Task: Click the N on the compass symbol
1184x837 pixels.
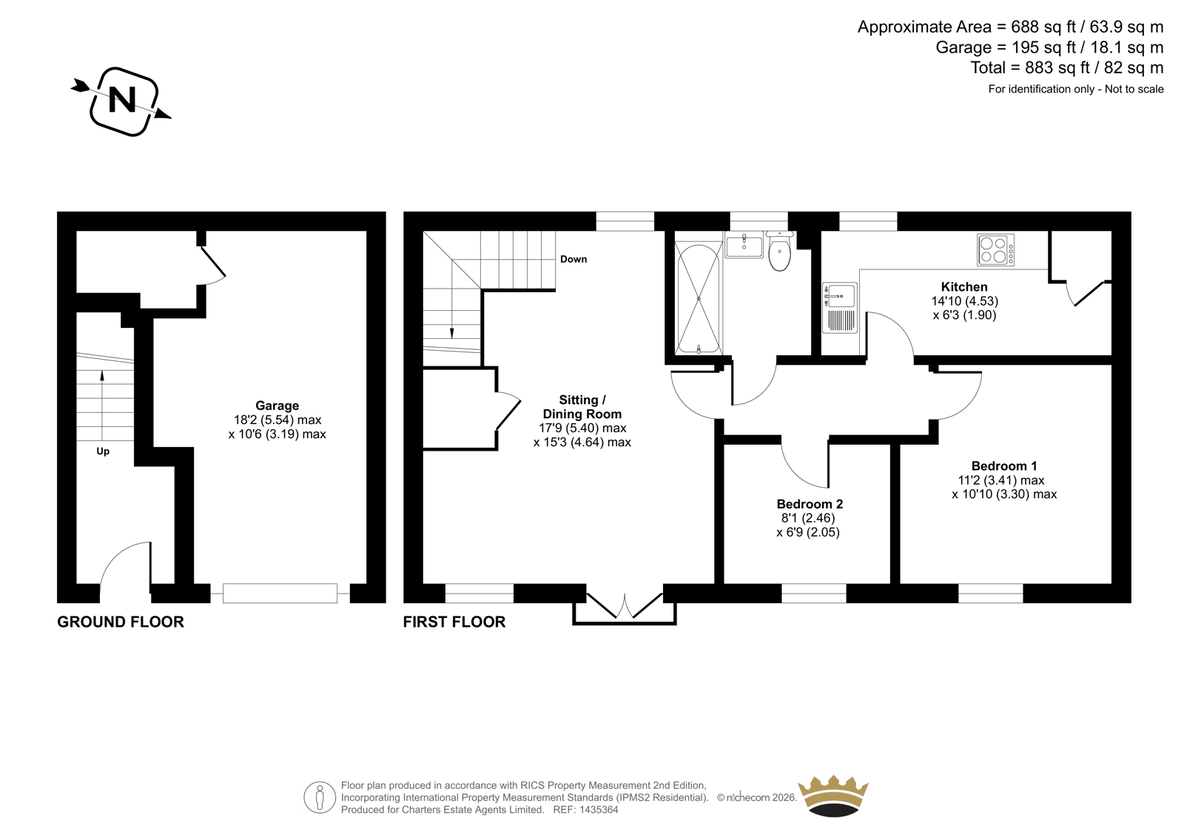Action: click(x=121, y=99)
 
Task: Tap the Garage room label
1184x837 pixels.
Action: click(x=277, y=406)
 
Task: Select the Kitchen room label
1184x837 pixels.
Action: click(x=964, y=286)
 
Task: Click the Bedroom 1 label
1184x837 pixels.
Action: click(x=1003, y=465)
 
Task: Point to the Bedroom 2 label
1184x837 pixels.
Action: click(x=810, y=504)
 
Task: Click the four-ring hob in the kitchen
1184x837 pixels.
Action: click(x=996, y=249)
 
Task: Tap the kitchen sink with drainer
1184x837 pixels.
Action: click(x=839, y=308)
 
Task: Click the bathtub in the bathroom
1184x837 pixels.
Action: click(x=699, y=298)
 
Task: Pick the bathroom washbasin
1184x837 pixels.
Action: click(x=744, y=245)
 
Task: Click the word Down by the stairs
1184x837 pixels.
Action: click(x=573, y=259)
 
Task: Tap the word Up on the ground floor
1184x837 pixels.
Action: click(x=103, y=451)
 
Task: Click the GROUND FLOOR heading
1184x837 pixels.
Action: click(x=121, y=622)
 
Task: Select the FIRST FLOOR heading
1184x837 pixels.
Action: click(x=454, y=622)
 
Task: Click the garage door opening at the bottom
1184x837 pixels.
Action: click(x=280, y=594)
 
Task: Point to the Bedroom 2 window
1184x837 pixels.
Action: click(x=813, y=594)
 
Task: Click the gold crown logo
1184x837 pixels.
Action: click(x=833, y=796)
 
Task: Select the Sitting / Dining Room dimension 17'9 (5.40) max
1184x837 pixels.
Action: click(x=582, y=428)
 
